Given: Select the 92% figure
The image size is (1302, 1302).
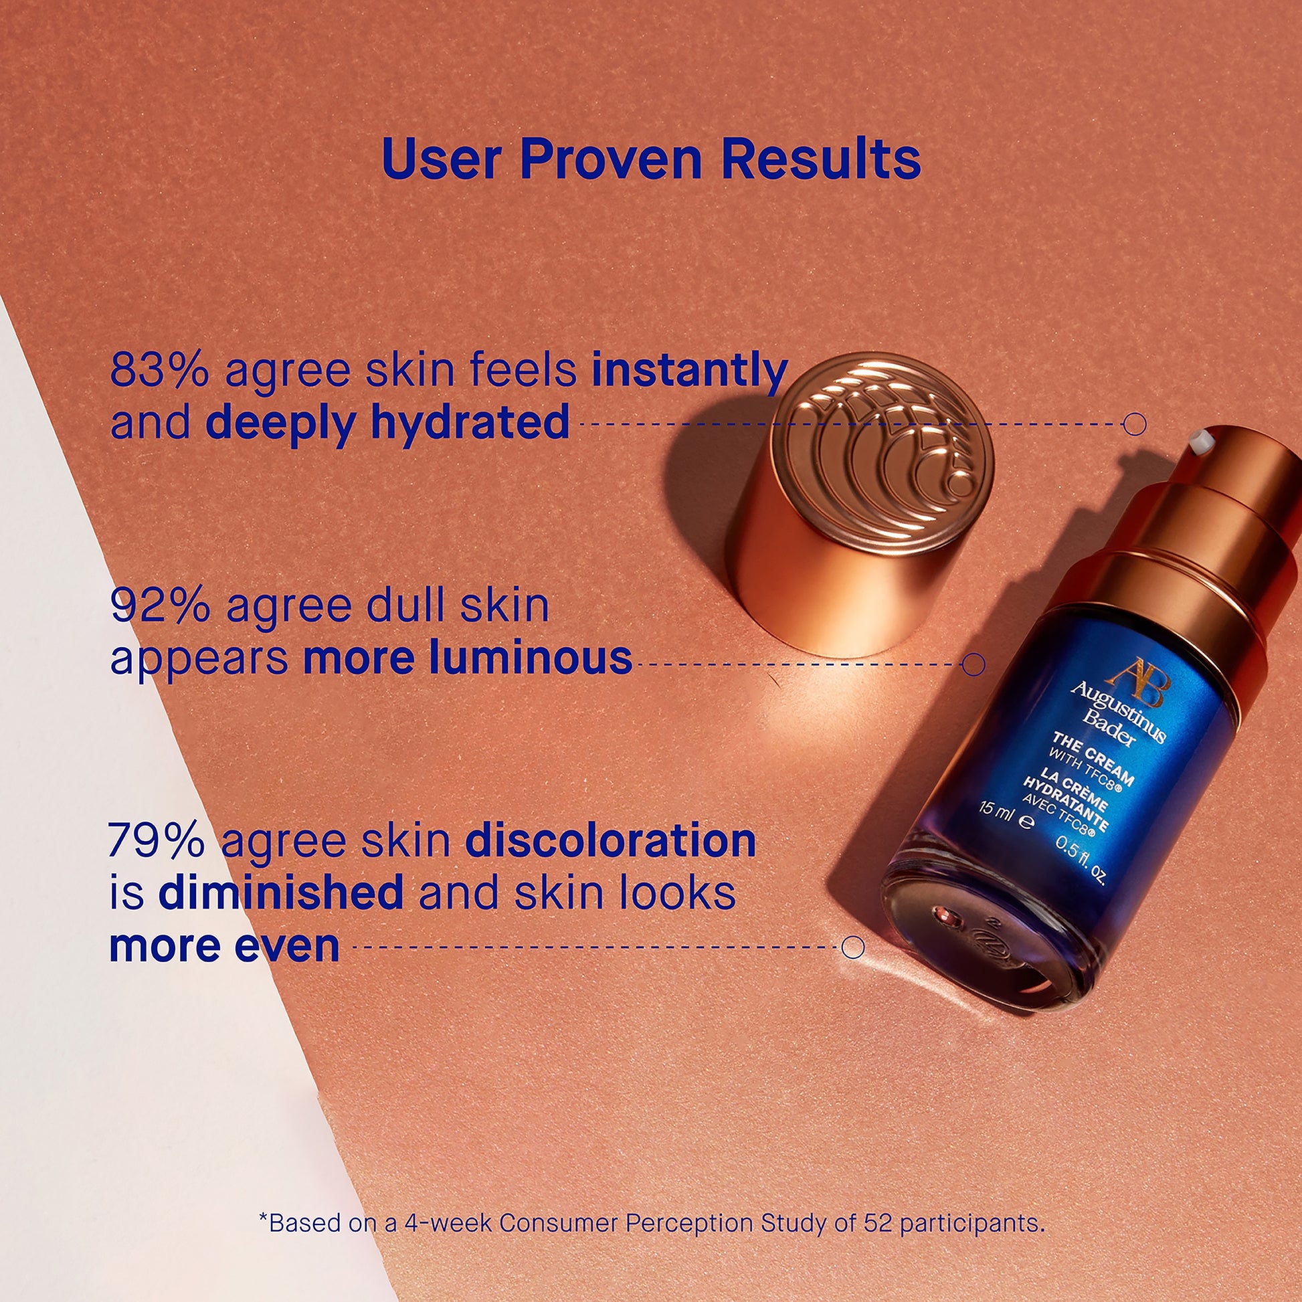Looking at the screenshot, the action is click(161, 606).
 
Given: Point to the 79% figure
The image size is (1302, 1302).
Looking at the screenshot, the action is click(157, 840).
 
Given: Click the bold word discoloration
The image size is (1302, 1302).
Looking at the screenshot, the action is click(611, 840).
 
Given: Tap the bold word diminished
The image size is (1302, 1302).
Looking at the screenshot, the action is click(280, 893).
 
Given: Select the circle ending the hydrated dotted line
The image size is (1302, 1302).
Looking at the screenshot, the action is click(1135, 424).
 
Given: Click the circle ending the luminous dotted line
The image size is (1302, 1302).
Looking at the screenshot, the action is click(973, 664).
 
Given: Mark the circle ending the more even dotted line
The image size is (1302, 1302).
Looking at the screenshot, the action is click(852, 947).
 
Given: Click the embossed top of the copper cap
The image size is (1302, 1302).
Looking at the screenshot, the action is click(882, 448).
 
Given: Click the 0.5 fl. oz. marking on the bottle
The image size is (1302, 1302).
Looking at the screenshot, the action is click(1081, 861).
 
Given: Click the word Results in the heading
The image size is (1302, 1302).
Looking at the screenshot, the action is click(821, 160).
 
